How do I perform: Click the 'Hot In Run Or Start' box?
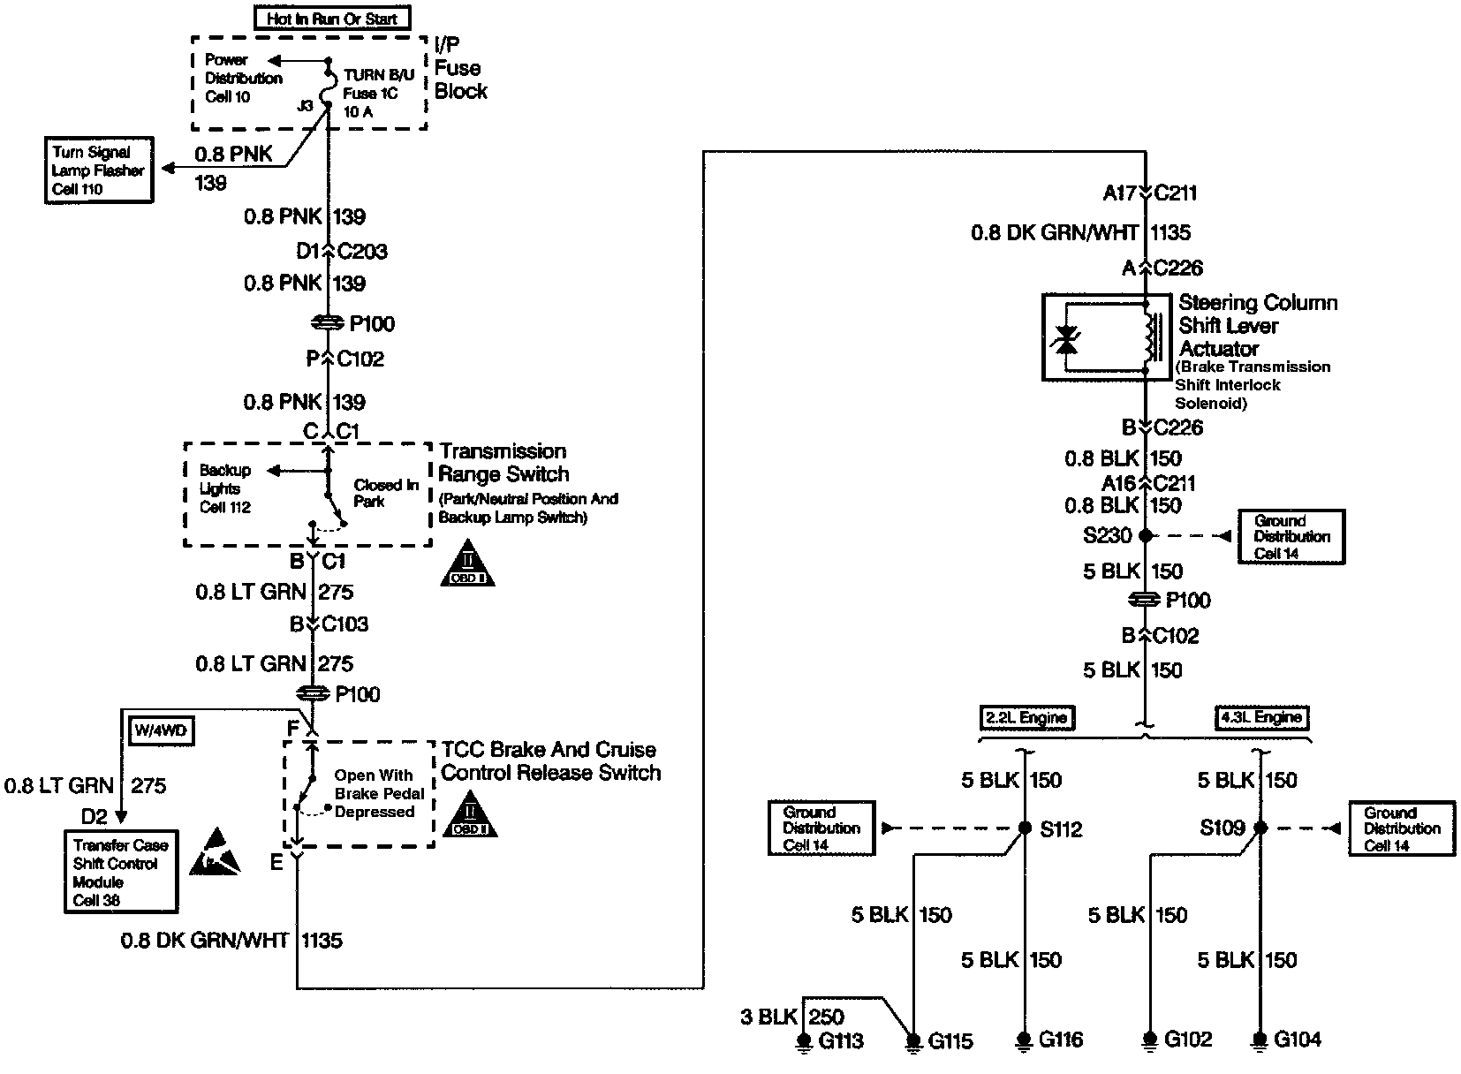tap(332, 19)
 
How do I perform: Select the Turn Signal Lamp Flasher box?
tap(98, 170)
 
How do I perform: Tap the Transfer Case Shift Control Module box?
tap(120, 872)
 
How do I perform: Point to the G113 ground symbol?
tap(803, 1042)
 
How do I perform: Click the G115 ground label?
tap(950, 1042)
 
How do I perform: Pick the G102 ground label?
tap(1188, 1040)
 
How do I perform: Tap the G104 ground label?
tap(1297, 1040)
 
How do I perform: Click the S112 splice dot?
tap(1025, 828)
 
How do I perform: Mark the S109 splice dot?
tap(1261, 828)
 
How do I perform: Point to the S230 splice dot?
tap(1146, 535)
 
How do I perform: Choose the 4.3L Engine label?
tap(1261, 718)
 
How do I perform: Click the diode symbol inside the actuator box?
tap(1067, 339)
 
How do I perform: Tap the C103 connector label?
tap(345, 624)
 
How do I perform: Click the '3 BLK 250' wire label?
tap(791, 1017)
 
